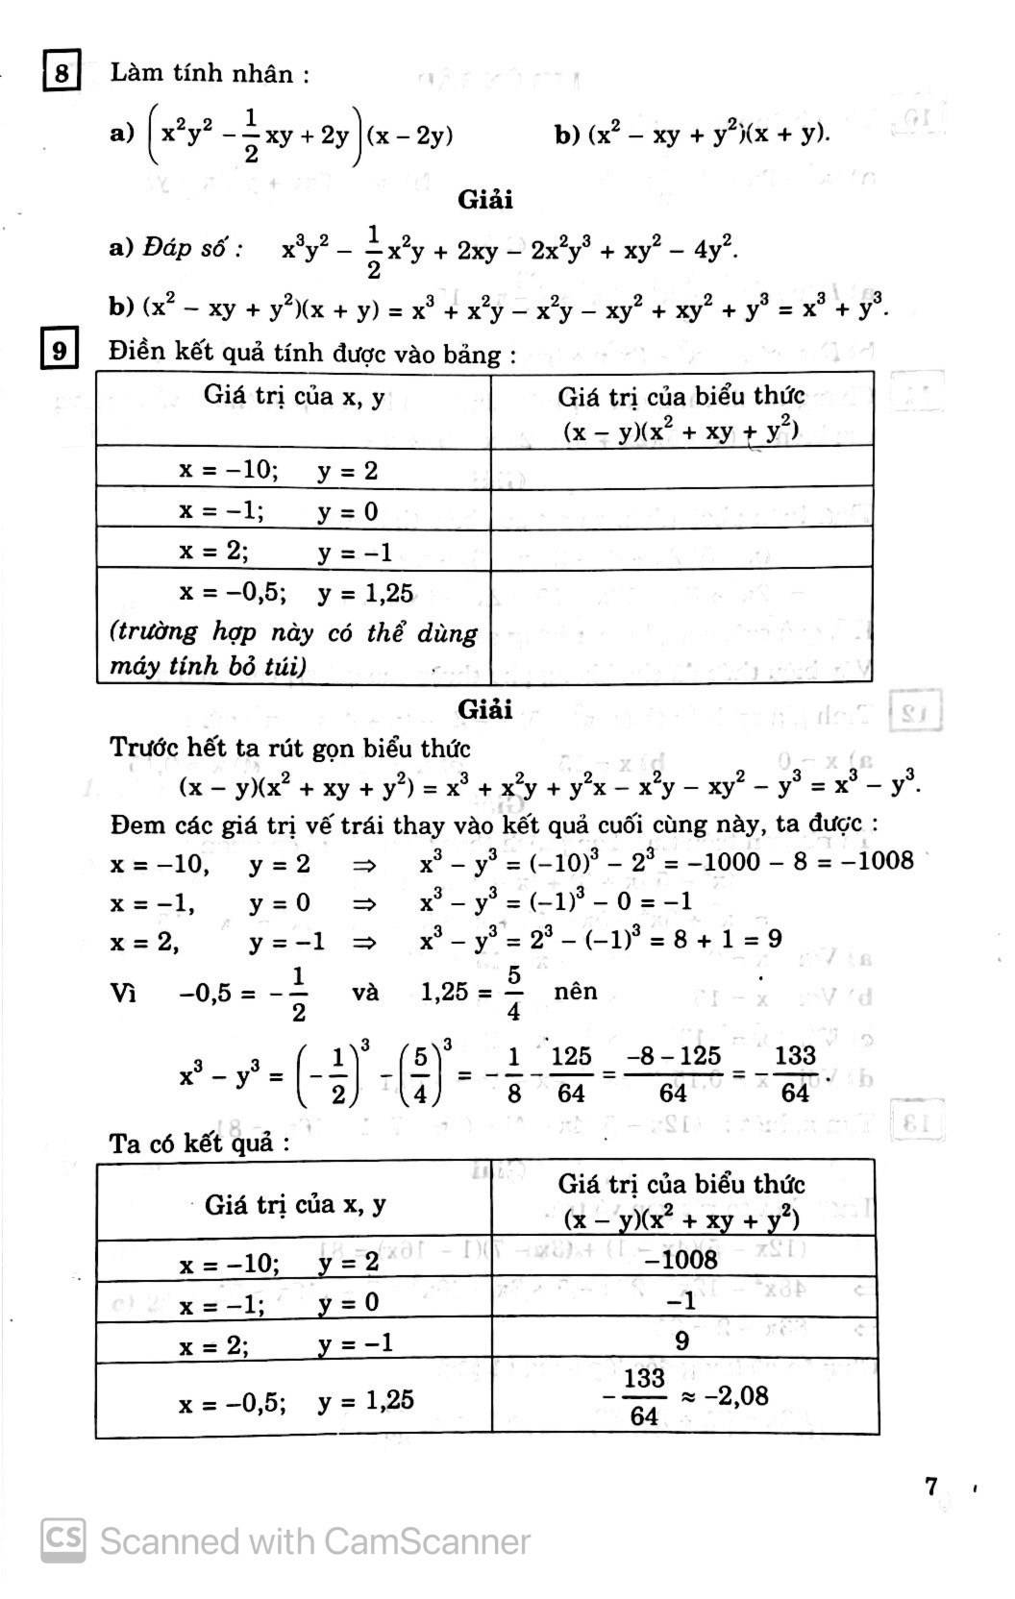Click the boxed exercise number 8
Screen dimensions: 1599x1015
click(x=62, y=73)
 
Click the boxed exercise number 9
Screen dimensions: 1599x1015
click(x=60, y=350)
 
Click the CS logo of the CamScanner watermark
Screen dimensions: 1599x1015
click(x=62, y=1539)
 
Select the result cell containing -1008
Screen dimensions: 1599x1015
click(x=681, y=1259)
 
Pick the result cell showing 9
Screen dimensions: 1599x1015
click(x=681, y=1341)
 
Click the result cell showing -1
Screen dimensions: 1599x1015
click(x=681, y=1300)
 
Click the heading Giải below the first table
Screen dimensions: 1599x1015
click(x=485, y=709)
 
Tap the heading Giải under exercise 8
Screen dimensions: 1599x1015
click(x=485, y=200)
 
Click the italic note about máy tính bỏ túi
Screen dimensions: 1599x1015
click(x=293, y=649)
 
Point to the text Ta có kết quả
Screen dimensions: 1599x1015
click(x=199, y=1144)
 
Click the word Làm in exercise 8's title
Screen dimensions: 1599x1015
click(x=134, y=73)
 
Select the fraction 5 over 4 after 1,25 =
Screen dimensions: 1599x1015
click(x=514, y=994)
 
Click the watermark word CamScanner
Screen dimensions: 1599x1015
click(x=427, y=1541)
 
